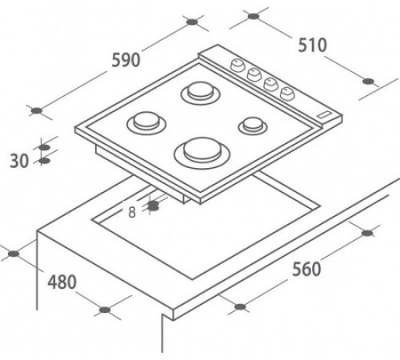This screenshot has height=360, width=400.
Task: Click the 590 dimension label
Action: click(x=126, y=60)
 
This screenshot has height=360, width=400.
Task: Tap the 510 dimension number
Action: click(x=312, y=45)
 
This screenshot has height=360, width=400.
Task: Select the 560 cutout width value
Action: click(x=306, y=269)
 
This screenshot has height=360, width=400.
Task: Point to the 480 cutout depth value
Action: click(x=62, y=282)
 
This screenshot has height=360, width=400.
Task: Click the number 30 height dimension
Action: click(x=19, y=161)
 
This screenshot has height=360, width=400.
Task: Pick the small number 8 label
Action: click(x=132, y=213)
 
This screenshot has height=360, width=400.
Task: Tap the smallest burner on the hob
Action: click(x=253, y=126)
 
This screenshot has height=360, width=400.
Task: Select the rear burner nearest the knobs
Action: click(x=201, y=93)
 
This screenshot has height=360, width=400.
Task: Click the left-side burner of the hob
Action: click(x=146, y=123)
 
